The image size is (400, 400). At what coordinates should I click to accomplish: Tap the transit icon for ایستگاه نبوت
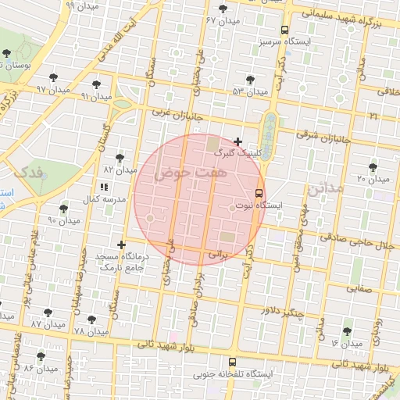[x=259, y=194]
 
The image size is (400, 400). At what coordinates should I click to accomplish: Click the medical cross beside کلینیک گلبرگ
[x=238, y=141]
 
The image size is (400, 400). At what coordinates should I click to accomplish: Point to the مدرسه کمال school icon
[x=103, y=187]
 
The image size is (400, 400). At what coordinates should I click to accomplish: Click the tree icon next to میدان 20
[x=373, y=166]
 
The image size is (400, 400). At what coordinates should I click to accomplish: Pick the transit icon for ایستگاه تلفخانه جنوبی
[x=231, y=362]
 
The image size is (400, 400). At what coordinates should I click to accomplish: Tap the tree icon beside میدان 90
[x=63, y=209]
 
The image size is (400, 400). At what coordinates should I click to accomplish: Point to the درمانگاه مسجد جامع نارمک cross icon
[x=121, y=245]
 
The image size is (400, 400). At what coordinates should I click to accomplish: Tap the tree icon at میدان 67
[x=224, y=9]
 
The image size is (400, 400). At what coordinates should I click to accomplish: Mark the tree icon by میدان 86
[x=41, y=356]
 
